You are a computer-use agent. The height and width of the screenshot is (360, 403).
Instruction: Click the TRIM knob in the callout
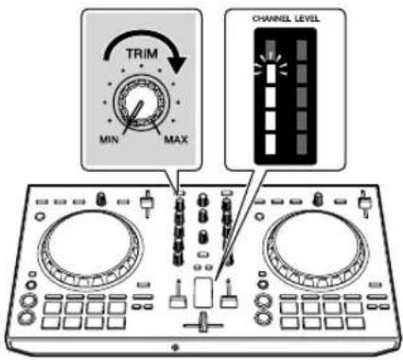pyautogui.click(x=140, y=112)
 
